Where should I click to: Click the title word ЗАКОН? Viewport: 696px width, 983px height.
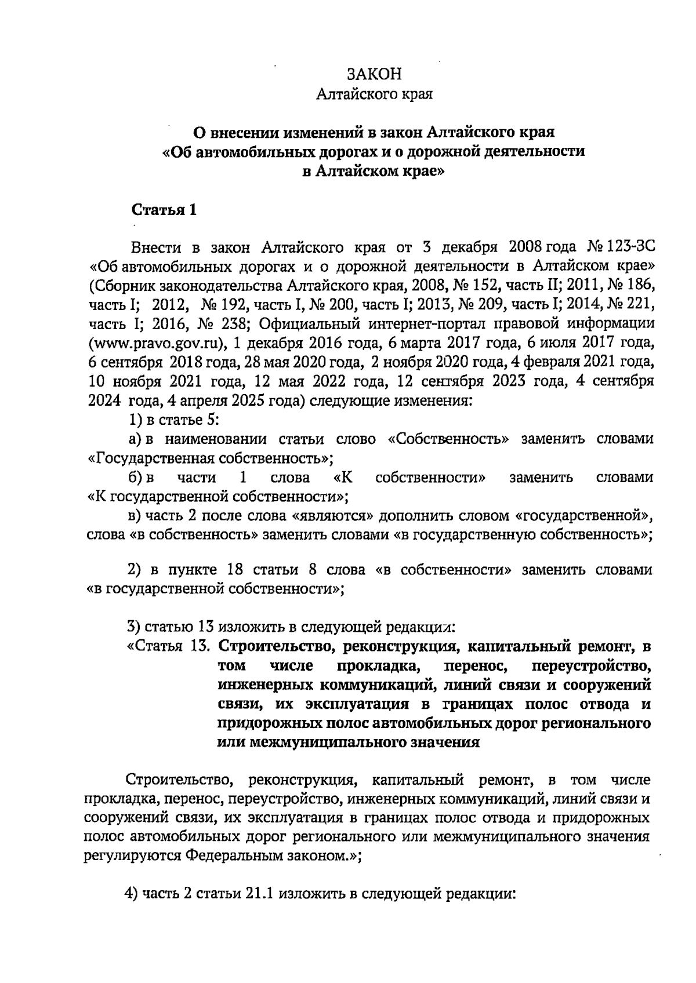tap(374, 74)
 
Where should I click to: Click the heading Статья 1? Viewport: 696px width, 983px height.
tap(165, 210)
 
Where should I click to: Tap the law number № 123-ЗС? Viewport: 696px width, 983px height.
tap(621, 248)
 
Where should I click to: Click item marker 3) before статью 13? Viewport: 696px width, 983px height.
tap(133, 627)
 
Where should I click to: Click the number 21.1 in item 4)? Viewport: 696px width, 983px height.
tap(260, 893)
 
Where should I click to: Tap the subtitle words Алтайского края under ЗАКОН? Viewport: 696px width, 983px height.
tap(374, 94)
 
